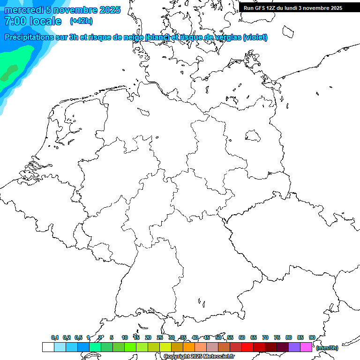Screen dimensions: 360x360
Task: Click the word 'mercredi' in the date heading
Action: tap(24, 10)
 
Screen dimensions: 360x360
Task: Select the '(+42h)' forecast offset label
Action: tap(81, 21)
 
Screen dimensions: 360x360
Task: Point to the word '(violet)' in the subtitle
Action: tap(255, 37)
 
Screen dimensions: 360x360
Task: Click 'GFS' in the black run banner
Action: tap(259, 8)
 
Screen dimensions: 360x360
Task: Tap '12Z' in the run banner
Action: tap(271, 8)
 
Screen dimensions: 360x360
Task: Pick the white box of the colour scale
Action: tap(48, 347)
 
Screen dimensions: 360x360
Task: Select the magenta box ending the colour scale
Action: tap(306, 347)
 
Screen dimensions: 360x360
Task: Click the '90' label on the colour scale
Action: tap(312, 337)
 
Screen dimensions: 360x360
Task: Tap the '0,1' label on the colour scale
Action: tap(55, 337)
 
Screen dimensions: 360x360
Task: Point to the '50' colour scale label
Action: tap(218, 337)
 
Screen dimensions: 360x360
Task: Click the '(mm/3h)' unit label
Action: tap(327, 348)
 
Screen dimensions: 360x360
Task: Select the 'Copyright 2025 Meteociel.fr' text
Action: tap(199, 357)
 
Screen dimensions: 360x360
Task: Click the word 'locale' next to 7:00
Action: tap(45, 21)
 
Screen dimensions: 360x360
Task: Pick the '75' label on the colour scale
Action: tap(277, 337)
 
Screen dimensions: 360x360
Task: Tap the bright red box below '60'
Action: tap(247, 347)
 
